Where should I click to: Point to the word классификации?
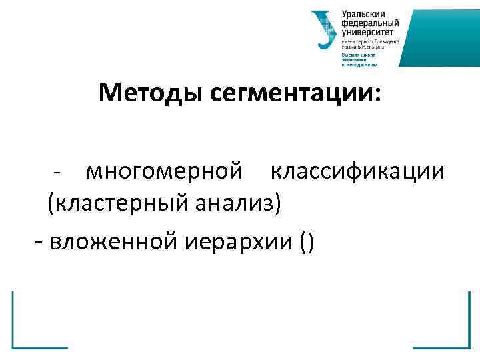[357, 172]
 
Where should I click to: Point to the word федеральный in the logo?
[367, 23]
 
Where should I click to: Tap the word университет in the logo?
[367, 31]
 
